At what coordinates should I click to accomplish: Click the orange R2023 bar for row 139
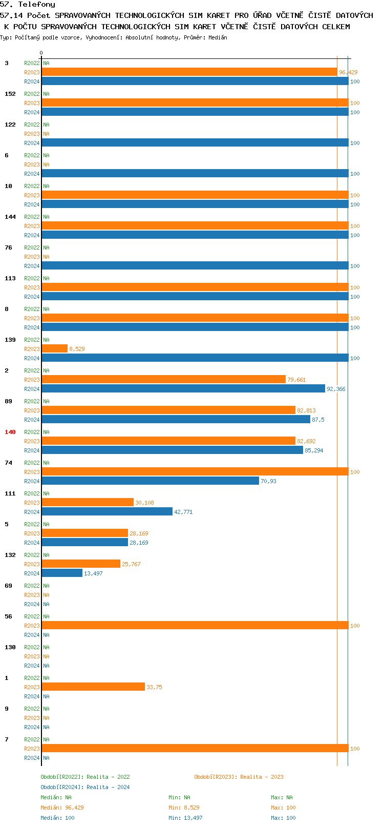click(x=54, y=348)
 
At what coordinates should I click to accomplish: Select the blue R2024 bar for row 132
click(x=62, y=573)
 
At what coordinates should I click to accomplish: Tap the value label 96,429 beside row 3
click(x=348, y=73)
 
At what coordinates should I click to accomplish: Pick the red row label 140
click(x=10, y=432)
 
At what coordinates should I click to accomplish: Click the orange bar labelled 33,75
click(x=93, y=687)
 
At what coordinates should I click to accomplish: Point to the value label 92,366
click(x=336, y=389)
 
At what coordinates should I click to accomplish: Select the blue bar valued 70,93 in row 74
click(x=150, y=481)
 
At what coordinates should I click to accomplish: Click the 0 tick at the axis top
click(x=41, y=53)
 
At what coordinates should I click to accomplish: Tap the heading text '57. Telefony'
click(x=28, y=4)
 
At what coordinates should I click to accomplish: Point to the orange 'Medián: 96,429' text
click(x=62, y=808)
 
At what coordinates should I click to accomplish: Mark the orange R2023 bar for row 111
click(x=88, y=502)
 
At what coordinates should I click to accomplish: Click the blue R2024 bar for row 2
click(x=183, y=388)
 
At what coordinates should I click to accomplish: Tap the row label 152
click(x=10, y=94)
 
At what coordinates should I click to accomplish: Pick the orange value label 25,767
click(x=131, y=564)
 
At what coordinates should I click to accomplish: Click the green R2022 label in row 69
click(x=32, y=586)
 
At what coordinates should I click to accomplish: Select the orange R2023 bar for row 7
click(x=195, y=748)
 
